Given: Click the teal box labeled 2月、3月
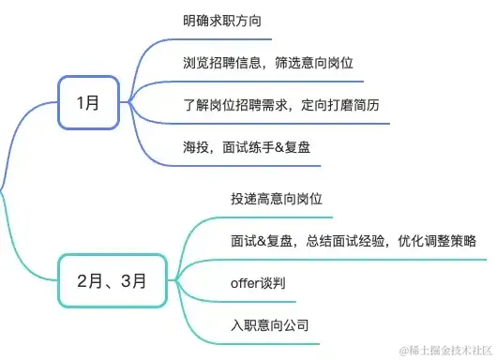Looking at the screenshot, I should pyautogui.click(x=113, y=279).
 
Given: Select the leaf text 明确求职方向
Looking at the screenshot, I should pyautogui.click(x=222, y=21).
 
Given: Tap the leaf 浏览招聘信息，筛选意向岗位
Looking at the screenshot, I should pyautogui.click(x=267, y=62).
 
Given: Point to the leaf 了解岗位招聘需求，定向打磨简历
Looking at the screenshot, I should pyautogui.click(x=280, y=104).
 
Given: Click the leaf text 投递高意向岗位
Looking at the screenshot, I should pyautogui.click(x=276, y=199).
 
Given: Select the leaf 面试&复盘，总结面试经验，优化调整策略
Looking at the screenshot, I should pyautogui.click(x=353, y=241).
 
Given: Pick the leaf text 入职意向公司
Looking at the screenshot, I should pyautogui.click(x=269, y=325).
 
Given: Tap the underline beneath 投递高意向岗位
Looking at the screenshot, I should pyautogui.click(x=276, y=217).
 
